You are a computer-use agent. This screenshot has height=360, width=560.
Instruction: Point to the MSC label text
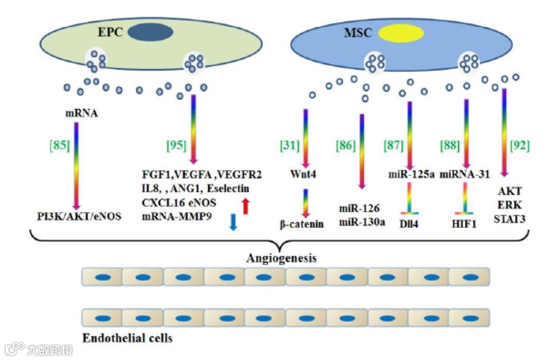[x=358, y=34]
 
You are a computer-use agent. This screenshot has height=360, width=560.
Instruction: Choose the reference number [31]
[x=290, y=146]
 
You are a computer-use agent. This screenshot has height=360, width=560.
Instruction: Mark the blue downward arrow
[x=233, y=221]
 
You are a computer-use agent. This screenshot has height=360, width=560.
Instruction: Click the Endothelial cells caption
[x=128, y=338]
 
